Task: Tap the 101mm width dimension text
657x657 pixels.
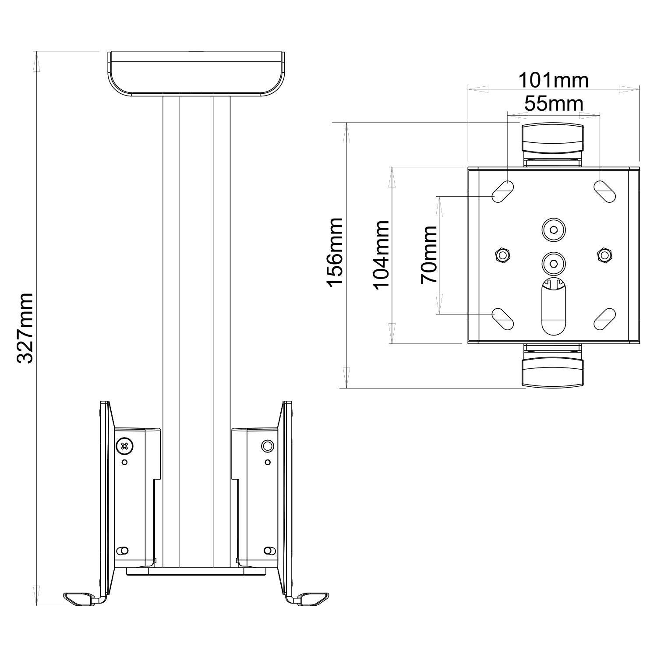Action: pyautogui.click(x=554, y=80)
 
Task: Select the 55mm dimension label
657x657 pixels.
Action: pyautogui.click(x=554, y=104)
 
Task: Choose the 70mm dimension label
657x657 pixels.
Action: pyautogui.click(x=429, y=254)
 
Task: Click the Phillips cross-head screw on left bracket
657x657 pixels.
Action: pyautogui.click(x=124, y=446)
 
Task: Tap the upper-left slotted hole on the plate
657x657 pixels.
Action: pyautogui.click(x=503, y=191)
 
